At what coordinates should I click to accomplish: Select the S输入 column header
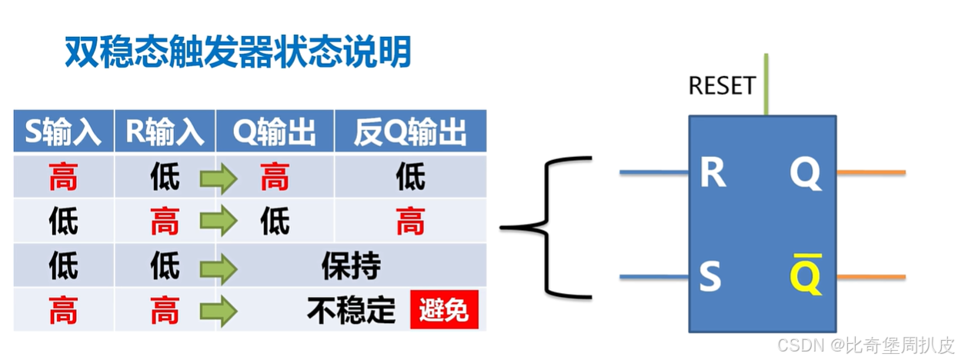63,132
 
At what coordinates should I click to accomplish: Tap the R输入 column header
165,132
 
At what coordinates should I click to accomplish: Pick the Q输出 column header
275,132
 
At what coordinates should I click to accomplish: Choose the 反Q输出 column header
410,132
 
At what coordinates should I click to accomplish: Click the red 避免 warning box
443,310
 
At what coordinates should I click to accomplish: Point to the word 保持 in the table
350,266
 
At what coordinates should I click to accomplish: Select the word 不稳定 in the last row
350,310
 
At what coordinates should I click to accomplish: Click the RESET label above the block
722,85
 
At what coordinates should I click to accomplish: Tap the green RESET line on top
766,85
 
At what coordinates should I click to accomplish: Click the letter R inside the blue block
712,174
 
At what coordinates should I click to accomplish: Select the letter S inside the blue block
710,277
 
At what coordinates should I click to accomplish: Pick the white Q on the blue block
806,174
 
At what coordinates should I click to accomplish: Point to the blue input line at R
653,172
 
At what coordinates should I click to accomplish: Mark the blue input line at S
653,277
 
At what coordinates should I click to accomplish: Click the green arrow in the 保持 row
217,268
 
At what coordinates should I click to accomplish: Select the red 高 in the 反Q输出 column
410,223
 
